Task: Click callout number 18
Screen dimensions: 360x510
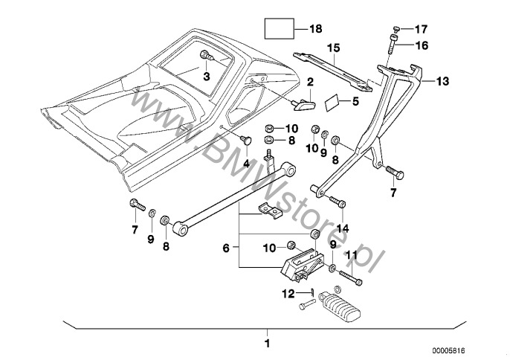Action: coord(315,30)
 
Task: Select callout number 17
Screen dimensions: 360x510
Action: coord(421,29)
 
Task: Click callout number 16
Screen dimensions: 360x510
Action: coord(421,45)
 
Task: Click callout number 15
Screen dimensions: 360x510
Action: coord(335,48)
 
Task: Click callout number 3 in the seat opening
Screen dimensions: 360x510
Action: coord(207,76)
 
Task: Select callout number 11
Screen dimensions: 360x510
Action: coord(352,255)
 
